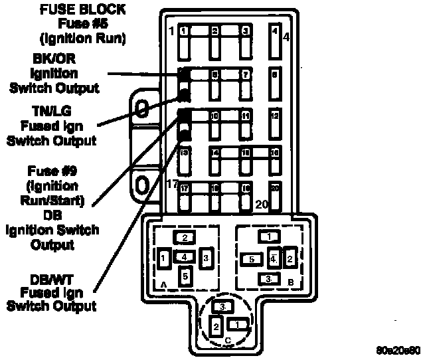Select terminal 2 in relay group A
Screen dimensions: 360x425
click(x=185, y=237)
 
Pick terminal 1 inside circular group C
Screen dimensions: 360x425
click(x=237, y=324)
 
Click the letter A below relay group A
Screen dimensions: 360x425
click(x=163, y=284)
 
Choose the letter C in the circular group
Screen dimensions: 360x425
click(x=228, y=341)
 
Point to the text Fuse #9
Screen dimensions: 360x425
click(x=52, y=170)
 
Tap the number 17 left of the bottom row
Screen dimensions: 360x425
click(x=173, y=184)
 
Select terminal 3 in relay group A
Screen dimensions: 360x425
click(x=207, y=257)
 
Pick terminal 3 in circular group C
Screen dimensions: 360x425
click(x=224, y=306)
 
